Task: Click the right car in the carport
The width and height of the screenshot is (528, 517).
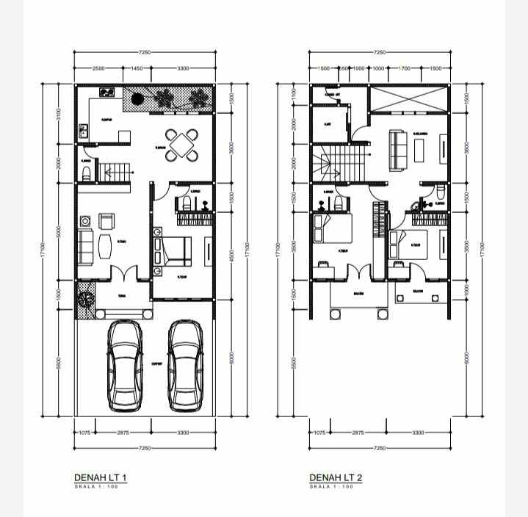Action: (185, 366)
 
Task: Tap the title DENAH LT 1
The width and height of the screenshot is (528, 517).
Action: (101, 478)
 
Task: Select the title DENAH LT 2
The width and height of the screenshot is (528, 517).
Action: (336, 478)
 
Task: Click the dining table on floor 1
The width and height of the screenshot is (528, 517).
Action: (181, 145)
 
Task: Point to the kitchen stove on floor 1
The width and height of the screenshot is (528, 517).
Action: (107, 93)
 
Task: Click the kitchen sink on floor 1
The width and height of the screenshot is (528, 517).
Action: (84, 132)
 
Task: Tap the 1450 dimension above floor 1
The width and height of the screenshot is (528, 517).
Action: (137, 68)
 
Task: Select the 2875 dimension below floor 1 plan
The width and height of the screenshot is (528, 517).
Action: (123, 433)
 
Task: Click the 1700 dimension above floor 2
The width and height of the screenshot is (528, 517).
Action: (404, 68)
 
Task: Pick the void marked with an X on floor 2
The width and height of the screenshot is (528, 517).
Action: (408, 99)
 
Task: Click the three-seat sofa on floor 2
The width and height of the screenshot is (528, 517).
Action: (397, 148)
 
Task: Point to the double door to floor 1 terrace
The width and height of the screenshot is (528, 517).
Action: (123, 274)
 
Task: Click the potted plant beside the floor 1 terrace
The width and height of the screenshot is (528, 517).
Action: (85, 301)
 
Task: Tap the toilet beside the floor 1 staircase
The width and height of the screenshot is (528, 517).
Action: (87, 172)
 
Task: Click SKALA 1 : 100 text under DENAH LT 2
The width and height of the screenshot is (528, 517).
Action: (331, 487)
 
